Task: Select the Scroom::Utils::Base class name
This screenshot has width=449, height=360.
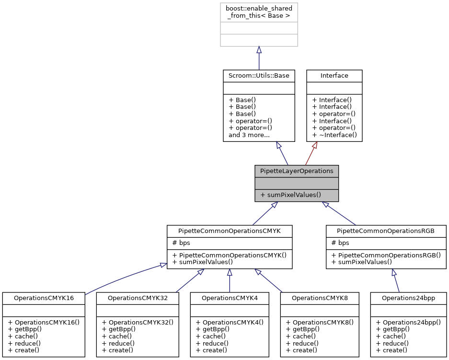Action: coord(259,76)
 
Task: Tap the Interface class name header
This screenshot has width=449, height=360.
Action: coord(334,76)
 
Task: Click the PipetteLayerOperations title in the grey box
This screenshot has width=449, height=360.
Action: coord(296,171)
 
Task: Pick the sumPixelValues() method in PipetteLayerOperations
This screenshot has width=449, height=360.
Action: coord(290,195)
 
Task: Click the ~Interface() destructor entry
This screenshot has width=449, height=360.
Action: coord(334,135)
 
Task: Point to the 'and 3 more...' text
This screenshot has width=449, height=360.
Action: coord(249,135)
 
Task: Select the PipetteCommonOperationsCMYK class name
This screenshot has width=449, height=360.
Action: coord(230,231)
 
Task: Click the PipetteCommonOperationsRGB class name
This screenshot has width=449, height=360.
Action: coord(387,231)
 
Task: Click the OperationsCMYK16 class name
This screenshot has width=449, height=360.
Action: coord(44,298)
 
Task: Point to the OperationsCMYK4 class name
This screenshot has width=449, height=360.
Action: coord(230,298)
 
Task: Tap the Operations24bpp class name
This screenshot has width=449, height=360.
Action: coord(408,298)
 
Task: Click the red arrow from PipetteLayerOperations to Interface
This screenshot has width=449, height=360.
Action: coord(312,154)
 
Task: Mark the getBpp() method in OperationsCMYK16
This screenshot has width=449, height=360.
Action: coord(24,329)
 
